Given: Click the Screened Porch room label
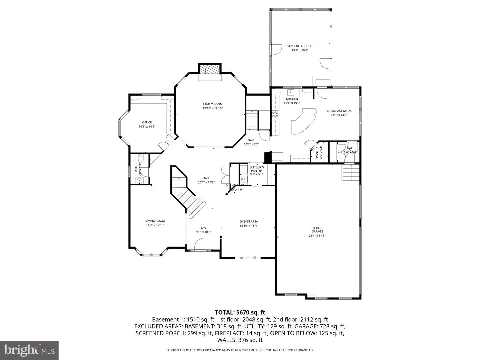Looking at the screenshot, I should [300, 46].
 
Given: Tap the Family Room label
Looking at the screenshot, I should [213, 104].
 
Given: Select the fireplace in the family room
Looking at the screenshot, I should [210, 70].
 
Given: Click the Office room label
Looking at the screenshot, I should [147, 122].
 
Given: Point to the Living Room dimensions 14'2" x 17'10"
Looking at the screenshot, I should [155, 225].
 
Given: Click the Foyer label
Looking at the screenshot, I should [204, 228].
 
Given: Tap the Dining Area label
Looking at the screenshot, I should [249, 221].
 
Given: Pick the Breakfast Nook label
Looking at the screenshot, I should [339, 111].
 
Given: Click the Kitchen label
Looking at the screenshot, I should [292, 99].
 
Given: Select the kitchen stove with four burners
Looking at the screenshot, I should [276, 114].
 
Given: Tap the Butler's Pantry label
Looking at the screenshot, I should [257, 169].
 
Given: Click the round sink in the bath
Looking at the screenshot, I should [140, 180].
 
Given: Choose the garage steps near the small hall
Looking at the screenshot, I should [351, 172].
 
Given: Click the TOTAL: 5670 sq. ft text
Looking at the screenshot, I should [240, 312].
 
